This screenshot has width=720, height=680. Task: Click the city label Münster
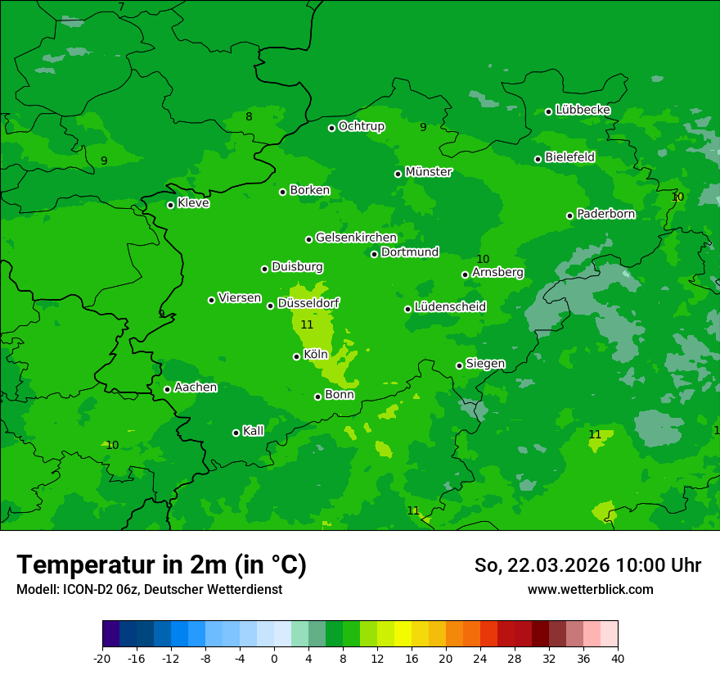click(429, 172)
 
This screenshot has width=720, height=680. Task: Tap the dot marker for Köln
click(296, 356)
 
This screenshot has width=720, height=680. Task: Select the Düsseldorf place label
click(308, 303)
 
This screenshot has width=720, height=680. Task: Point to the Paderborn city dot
click(569, 215)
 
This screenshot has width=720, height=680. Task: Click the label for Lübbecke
click(583, 110)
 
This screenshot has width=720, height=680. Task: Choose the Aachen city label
click(196, 388)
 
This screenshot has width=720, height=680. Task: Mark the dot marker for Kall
click(236, 433)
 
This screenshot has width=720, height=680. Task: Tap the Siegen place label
click(485, 364)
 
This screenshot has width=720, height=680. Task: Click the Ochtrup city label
click(361, 126)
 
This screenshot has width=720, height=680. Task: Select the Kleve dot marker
click(170, 205)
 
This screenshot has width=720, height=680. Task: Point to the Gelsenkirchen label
click(356, 238)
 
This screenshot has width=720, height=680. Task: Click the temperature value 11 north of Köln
click(307, 325)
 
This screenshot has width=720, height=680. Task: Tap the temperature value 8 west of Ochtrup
click(249, 116)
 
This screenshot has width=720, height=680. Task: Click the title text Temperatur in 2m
click(161, 564)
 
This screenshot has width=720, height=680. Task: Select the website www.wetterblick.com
click(590, 589)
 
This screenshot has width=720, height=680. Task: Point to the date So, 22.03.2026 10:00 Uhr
click(587, 565)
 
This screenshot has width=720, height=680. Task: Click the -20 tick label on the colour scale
click(102, 658)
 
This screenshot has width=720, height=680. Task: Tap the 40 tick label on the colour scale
click(618, 658)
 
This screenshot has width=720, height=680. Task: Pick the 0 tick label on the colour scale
click(274, 658)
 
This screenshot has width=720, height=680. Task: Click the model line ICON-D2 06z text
click(149, 589)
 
